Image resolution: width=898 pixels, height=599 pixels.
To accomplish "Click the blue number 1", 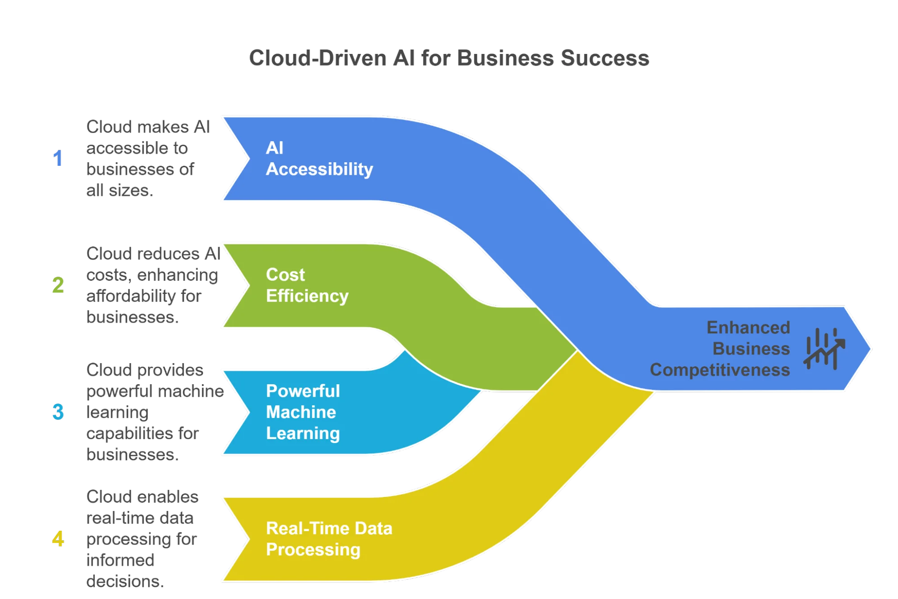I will click(58, 159).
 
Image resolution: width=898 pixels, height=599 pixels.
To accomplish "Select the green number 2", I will click(58, 285).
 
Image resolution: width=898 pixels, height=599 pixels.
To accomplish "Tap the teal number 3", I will click(58, 412).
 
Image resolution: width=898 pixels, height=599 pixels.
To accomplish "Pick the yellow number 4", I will click(58, 539).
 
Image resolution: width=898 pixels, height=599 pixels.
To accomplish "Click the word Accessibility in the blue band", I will click(319, 169).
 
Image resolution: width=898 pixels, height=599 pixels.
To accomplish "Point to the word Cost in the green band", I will click(285, 275).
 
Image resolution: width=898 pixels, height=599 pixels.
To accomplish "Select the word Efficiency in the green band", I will click(307, 296).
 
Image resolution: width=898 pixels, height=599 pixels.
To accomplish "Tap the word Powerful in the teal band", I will click(303, 391).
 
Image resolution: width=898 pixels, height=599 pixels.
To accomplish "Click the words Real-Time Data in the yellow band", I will click(329, 528).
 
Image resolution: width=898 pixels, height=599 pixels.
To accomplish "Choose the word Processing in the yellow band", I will click(313, 550).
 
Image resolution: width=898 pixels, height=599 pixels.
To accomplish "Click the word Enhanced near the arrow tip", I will click(748, 328).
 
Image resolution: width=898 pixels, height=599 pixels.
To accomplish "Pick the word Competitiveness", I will click(720, 370).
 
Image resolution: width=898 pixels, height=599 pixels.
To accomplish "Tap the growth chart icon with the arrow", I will click(824, 349).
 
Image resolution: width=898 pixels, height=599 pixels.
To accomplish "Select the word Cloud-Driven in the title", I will click(317, 58).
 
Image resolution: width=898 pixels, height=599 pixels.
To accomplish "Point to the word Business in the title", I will click(505, 58).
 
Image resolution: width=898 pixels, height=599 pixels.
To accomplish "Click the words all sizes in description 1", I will click(119, 191).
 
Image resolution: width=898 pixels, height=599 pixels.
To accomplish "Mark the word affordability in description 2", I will click(130, 296).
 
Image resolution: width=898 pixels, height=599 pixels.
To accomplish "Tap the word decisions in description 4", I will click(125, 581).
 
